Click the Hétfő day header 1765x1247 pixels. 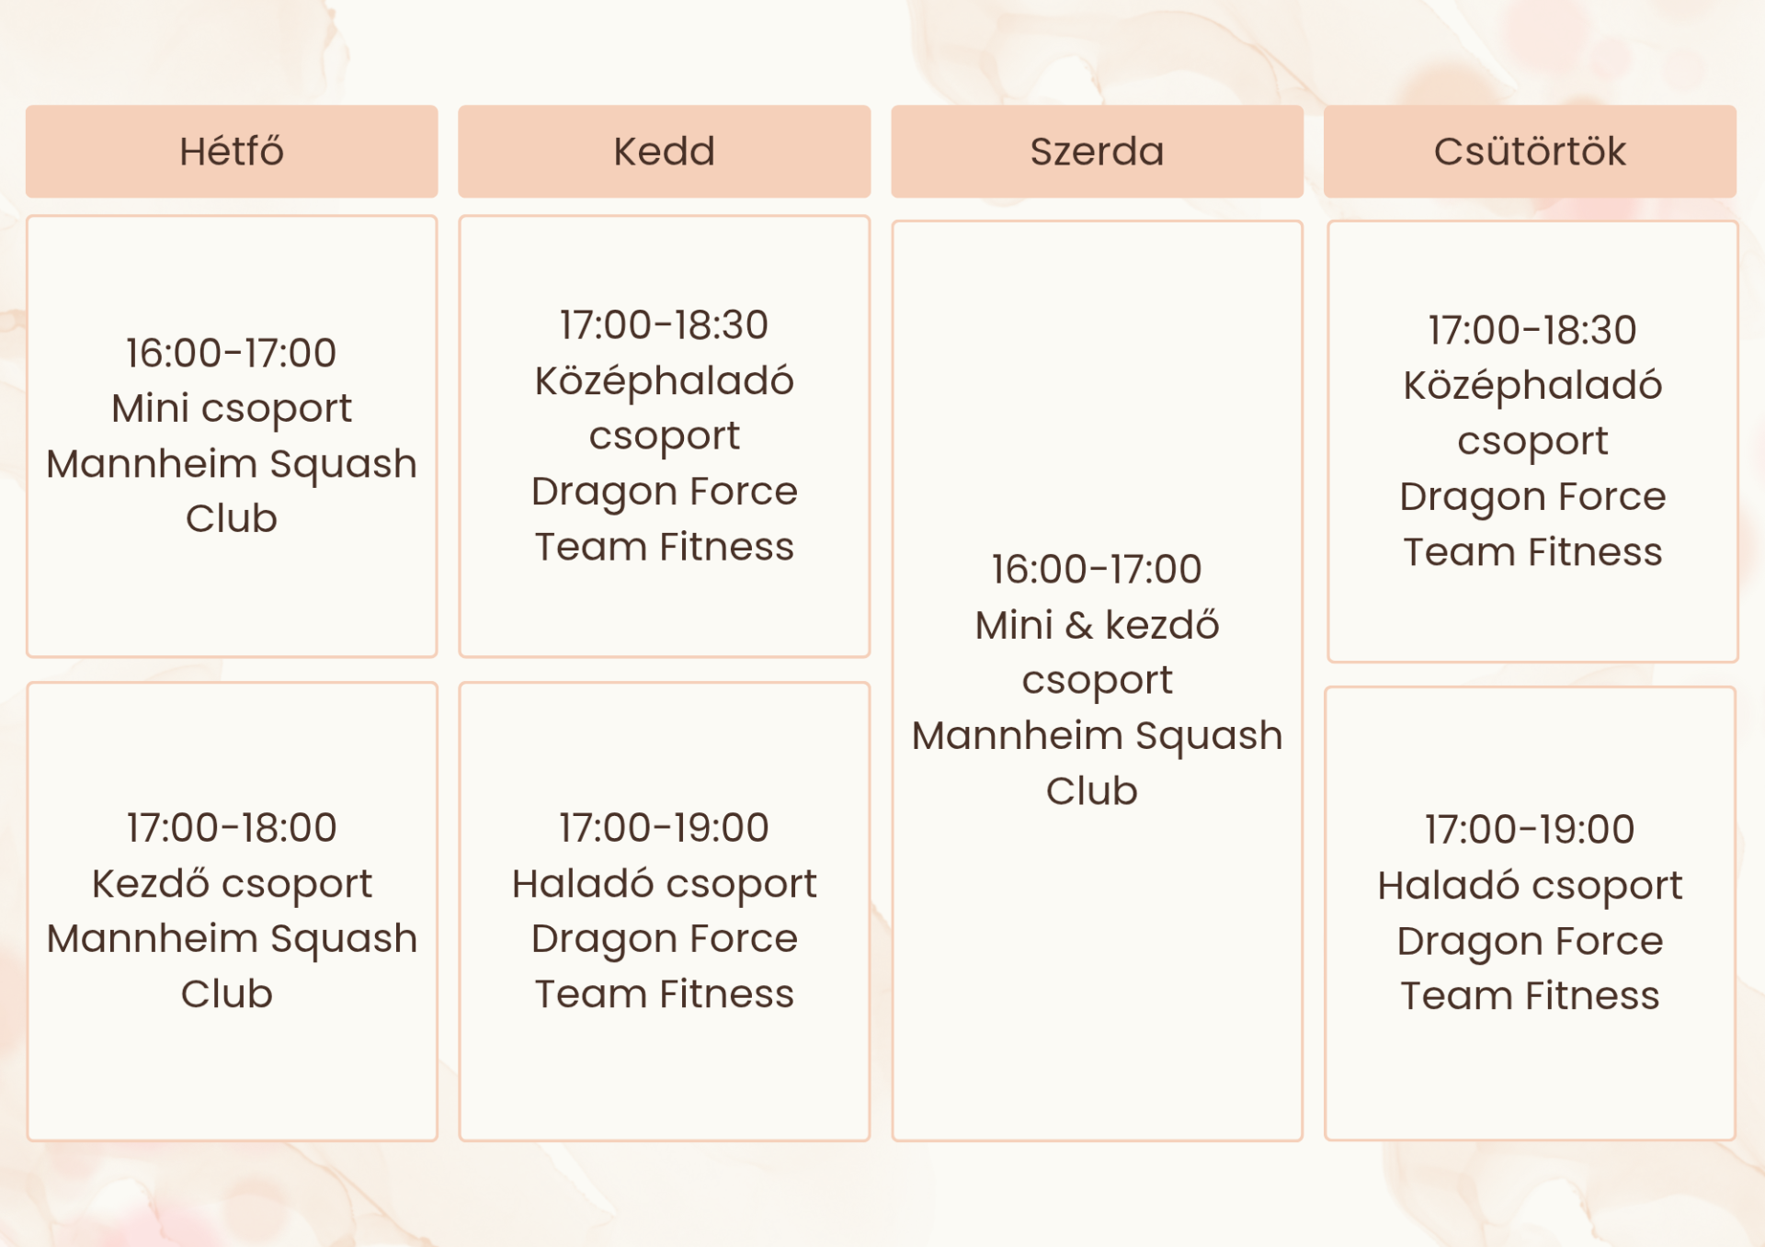232,151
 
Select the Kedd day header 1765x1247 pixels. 664,151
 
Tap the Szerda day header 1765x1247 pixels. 1097,151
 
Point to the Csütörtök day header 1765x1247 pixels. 1530,151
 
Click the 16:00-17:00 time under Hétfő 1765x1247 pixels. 232,353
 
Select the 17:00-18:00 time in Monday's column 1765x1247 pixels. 232,828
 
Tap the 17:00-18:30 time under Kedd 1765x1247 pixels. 664,325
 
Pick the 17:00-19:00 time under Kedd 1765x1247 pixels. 664,828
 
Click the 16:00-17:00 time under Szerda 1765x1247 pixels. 1097,570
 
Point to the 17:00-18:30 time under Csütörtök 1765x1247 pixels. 1532,331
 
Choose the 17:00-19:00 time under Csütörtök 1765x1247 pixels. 1530,830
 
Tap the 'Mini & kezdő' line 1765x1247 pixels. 1097,626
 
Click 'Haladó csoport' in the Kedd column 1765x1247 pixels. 664,885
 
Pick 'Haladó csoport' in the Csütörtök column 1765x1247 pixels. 1530,887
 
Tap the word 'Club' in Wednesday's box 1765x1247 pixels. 1092,791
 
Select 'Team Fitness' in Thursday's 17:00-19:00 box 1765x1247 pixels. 1530,996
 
